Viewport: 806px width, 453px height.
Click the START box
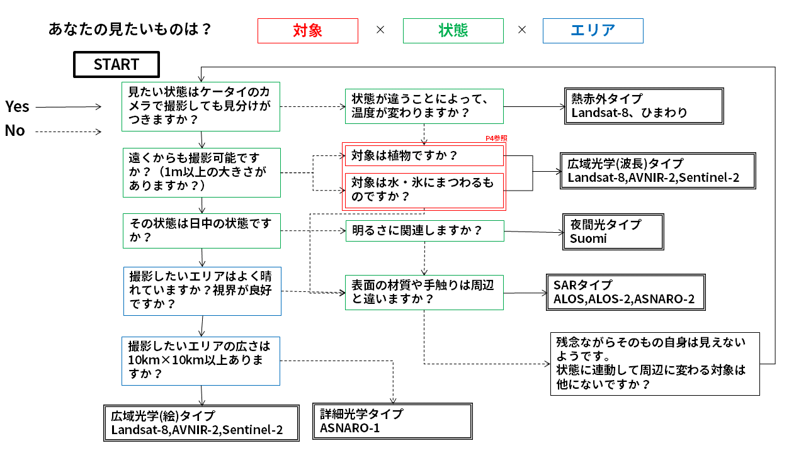tap(116, 64)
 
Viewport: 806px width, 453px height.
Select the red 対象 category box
tap(308, 31)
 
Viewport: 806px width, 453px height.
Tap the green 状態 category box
tap(453, 31)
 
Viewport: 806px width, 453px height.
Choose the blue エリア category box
tap(593, 31)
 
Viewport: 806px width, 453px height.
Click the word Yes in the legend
tap(17, 107)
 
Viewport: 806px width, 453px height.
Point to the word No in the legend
tap(14, 131)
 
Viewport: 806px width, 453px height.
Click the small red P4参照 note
tap(496, 138)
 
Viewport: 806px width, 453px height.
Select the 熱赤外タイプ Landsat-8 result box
tap(644, 106)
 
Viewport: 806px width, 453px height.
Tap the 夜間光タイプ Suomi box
tap(613, 232)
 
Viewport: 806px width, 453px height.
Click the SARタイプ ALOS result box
tap(626, 293)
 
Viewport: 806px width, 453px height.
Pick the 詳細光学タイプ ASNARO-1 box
tap(392, 422)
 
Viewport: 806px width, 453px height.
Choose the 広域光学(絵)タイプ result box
tap(201, 423)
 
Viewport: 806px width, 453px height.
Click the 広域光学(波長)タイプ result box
tap(658, 171)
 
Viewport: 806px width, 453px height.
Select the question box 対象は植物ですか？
tap(424, 155)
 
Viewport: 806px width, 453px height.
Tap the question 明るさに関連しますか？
tap(425, 231)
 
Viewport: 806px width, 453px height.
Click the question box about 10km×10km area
tap(201, 361)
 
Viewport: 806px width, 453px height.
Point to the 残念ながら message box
tap(655, 364)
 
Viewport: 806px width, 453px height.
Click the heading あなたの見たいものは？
tap(130, 29)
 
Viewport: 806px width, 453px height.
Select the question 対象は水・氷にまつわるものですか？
tap(424, 191)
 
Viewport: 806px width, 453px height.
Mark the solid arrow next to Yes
tap(69, 107)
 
